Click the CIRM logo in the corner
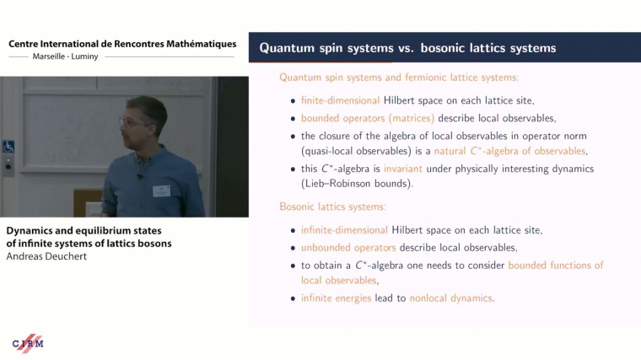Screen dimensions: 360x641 pyautogui.click(x=28, y=343)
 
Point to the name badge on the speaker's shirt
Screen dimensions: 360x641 pyautogui.click(x=161, y=191)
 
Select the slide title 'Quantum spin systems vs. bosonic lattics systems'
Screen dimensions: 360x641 pyautogui.click(x=407, y=48)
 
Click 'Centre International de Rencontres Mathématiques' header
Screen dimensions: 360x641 pyautogui.click(x=122, y=44)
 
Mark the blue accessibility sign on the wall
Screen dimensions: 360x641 pyautogui.click(x=8, y=147)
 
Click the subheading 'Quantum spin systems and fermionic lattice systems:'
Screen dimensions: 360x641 pyautogui.click(x=399, y=78)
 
